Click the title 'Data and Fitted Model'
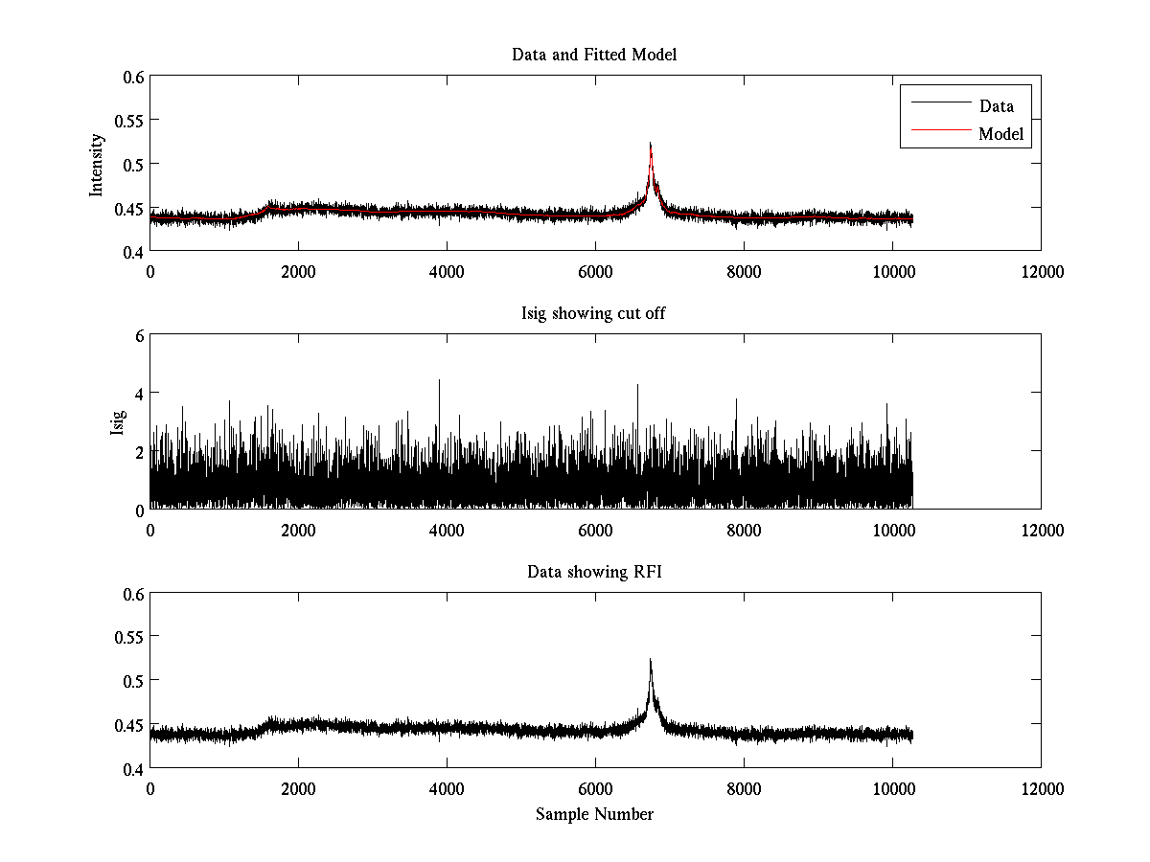coord(594,55)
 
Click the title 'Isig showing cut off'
coord(594,313)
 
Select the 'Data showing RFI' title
coord(594,572)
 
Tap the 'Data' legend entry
coord(996,106)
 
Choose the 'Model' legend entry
coord(1001,134)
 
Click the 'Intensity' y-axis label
coord(97,165)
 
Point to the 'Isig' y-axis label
coord(118,422)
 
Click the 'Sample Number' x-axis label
coord(594,814)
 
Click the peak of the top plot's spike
coord(651,144)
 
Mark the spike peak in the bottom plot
coord(651,660)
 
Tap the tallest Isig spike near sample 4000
coord(440,380)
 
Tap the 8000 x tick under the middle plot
coord(744,530)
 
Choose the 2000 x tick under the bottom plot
coord(298,789)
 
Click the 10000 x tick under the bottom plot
coord(892,789)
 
